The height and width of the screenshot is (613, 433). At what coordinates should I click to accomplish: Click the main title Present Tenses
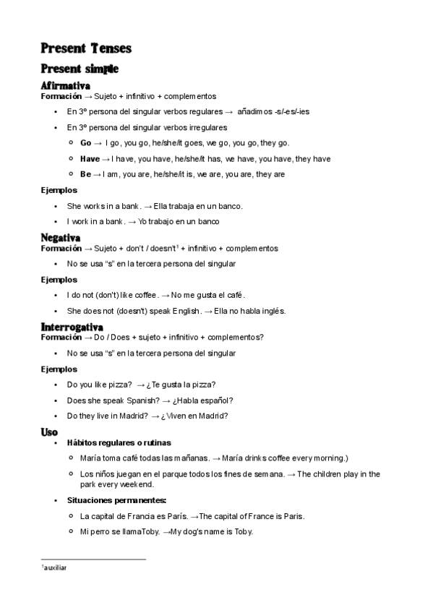click(86, 48)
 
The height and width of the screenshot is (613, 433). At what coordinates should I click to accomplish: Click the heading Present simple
click(80, 69)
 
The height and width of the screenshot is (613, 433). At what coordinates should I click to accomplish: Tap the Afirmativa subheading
click(66, 86)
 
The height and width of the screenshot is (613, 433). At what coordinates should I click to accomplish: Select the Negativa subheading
click(61, 238)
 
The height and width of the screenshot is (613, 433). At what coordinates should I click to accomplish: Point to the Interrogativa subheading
click(72, 327)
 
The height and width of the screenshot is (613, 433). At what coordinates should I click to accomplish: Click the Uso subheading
click(49, 432)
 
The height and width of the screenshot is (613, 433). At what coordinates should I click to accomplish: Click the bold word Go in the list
click(85, 143)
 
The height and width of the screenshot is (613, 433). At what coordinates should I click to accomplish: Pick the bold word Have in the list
click(90, 159)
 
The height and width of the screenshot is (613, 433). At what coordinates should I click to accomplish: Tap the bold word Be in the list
click(85, 174)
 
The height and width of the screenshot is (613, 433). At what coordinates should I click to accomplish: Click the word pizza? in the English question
click(119, 385)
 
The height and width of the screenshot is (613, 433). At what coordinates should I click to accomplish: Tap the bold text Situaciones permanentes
click(116, 500)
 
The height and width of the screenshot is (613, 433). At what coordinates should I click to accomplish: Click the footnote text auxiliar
click(55, 568)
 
